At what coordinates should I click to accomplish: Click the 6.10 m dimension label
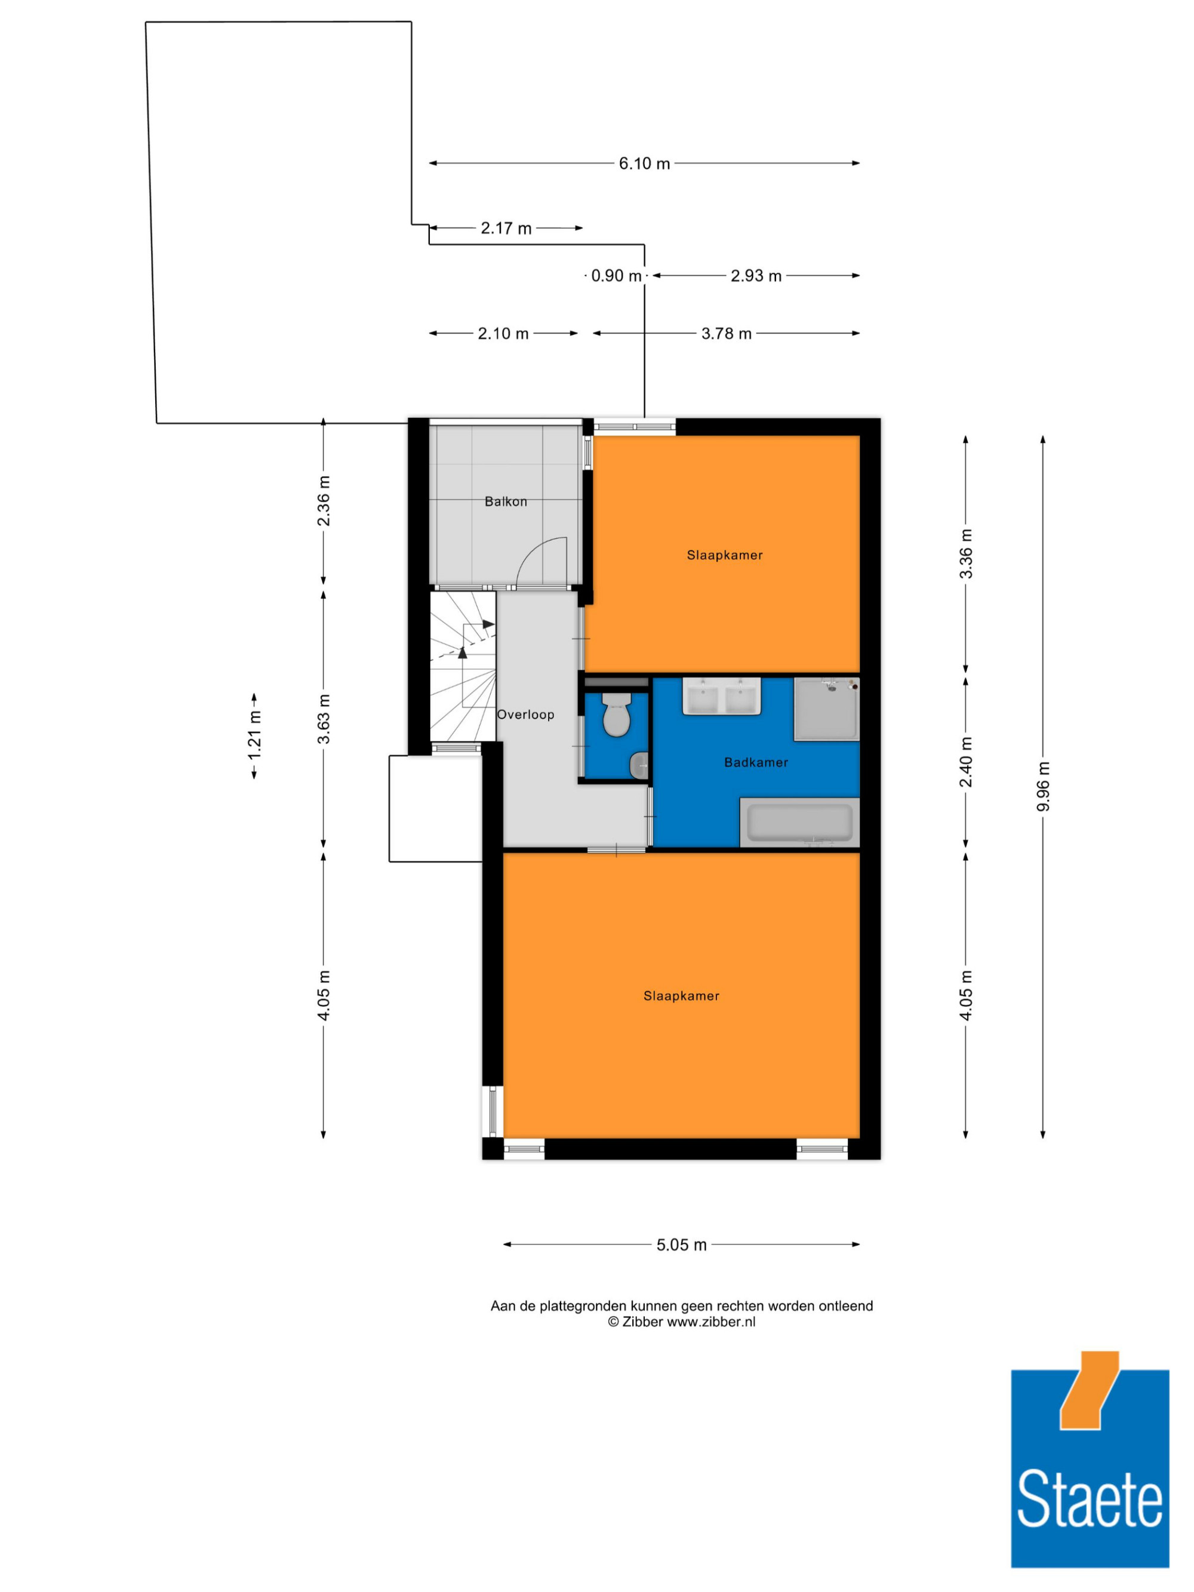pos(644,164)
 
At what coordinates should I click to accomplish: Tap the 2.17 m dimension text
pos(506,228)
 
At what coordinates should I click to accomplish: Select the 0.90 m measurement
pos(616,276)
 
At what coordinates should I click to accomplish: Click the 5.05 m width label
pos(681,1245)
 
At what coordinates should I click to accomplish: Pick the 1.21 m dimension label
pos(254,735)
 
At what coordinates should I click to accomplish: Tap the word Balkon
pos(505,501)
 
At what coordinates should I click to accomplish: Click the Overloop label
pos(525,715)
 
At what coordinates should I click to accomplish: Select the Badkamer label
pos(756,762)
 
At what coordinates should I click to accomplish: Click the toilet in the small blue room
pos(616,715)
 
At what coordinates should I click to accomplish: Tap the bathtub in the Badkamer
pos(799,822)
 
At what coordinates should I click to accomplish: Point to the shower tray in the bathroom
pos(826,709)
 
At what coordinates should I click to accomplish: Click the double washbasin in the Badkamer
pos(721,696)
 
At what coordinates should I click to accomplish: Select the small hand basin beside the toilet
pos(639,766)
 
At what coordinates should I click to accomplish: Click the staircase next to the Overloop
pos(463,666)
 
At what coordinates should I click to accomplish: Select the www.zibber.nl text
pos(710,1322)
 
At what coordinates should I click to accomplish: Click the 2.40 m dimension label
pos(966,762)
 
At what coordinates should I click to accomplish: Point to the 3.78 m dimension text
pos(726,334)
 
